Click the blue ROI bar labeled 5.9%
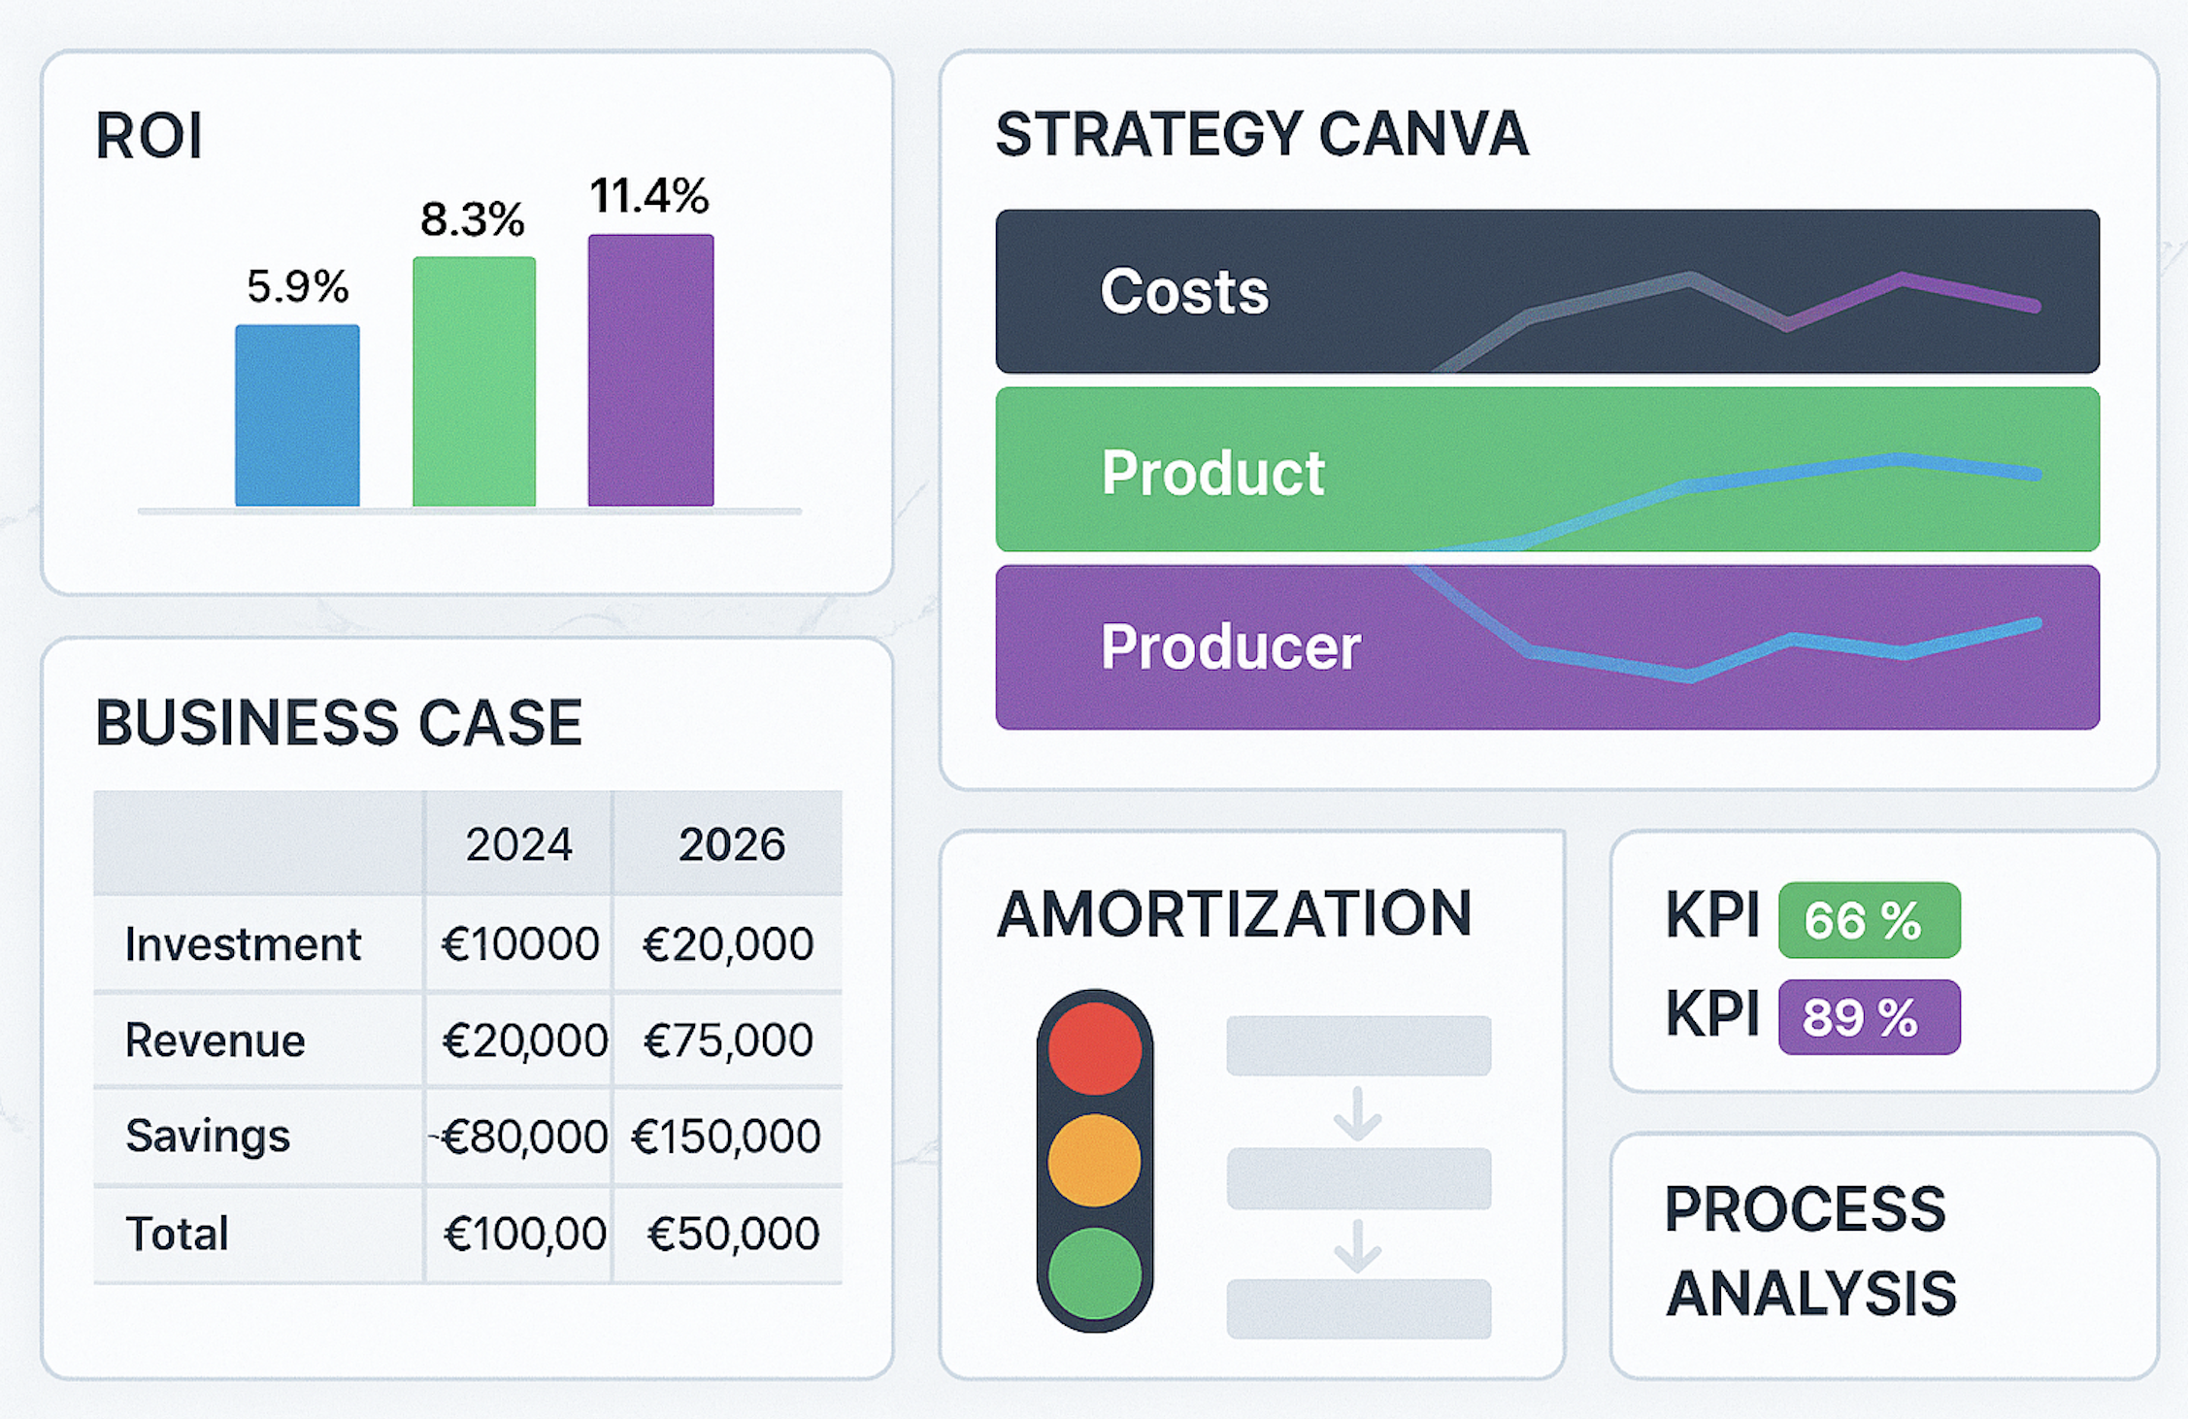[297, 415]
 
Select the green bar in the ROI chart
[474, 381]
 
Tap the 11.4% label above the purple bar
[649, 196]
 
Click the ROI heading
[149, 136]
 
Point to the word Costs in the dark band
[1183, 291]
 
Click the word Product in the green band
[1212, 473]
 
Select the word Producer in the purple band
[1230, 646]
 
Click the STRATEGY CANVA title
[1262, 134]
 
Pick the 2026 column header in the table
[731, 844]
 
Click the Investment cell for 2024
[519, 943]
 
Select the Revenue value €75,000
[728, 1039]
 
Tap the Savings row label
[208, 1136]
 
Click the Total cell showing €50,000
[733, 1234]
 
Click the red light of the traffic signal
[1094, 1049]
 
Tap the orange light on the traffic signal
[1094, 1160]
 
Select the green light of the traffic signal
[1094, 1272]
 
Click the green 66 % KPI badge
[1869, 920]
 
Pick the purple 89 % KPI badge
[1869, 1017]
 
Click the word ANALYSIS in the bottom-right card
[1810, 1293]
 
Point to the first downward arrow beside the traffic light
[1357, 1113]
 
